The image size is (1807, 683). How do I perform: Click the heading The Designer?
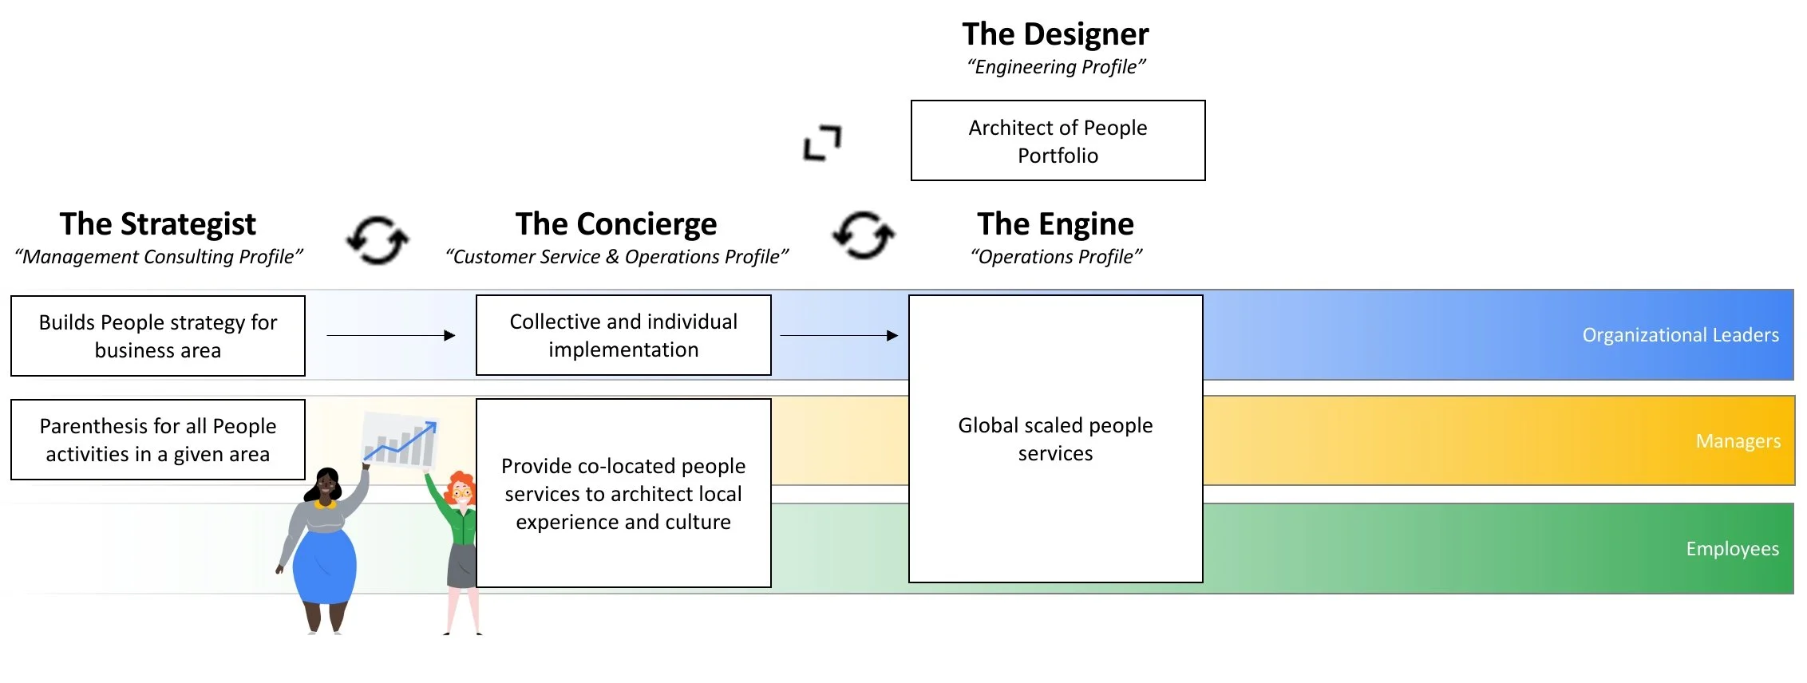tap(1055, 34)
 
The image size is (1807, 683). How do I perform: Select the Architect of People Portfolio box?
tap(1058, 140)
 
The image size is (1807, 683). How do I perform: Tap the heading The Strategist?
tap(158, 224)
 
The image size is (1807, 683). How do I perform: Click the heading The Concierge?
tap(616, 224)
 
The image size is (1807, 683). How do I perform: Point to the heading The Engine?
tap(1055, 224)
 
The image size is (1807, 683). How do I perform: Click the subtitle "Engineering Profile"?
tap(1056, 67)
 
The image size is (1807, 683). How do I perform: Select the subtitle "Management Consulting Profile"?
tap(159, 257)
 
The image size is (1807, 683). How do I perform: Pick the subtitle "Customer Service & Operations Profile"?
tap(616, 257)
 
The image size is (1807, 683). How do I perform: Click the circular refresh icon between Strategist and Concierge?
tap(378, 239)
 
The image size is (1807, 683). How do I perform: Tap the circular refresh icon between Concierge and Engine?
tap(864, 235)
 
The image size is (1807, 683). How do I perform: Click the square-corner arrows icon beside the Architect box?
tap(822, 143)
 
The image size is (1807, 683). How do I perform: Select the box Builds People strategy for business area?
tap(158, 336)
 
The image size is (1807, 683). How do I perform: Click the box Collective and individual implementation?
tap(623, 335)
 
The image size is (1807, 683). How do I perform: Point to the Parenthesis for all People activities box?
tap(158, 440)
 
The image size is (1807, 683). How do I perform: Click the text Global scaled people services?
tap(1055, 439)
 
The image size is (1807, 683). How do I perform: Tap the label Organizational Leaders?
tap(1680, 335)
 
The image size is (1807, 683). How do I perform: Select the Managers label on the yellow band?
tap(1738, 441)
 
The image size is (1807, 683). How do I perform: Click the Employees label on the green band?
tap(1732, 549)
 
